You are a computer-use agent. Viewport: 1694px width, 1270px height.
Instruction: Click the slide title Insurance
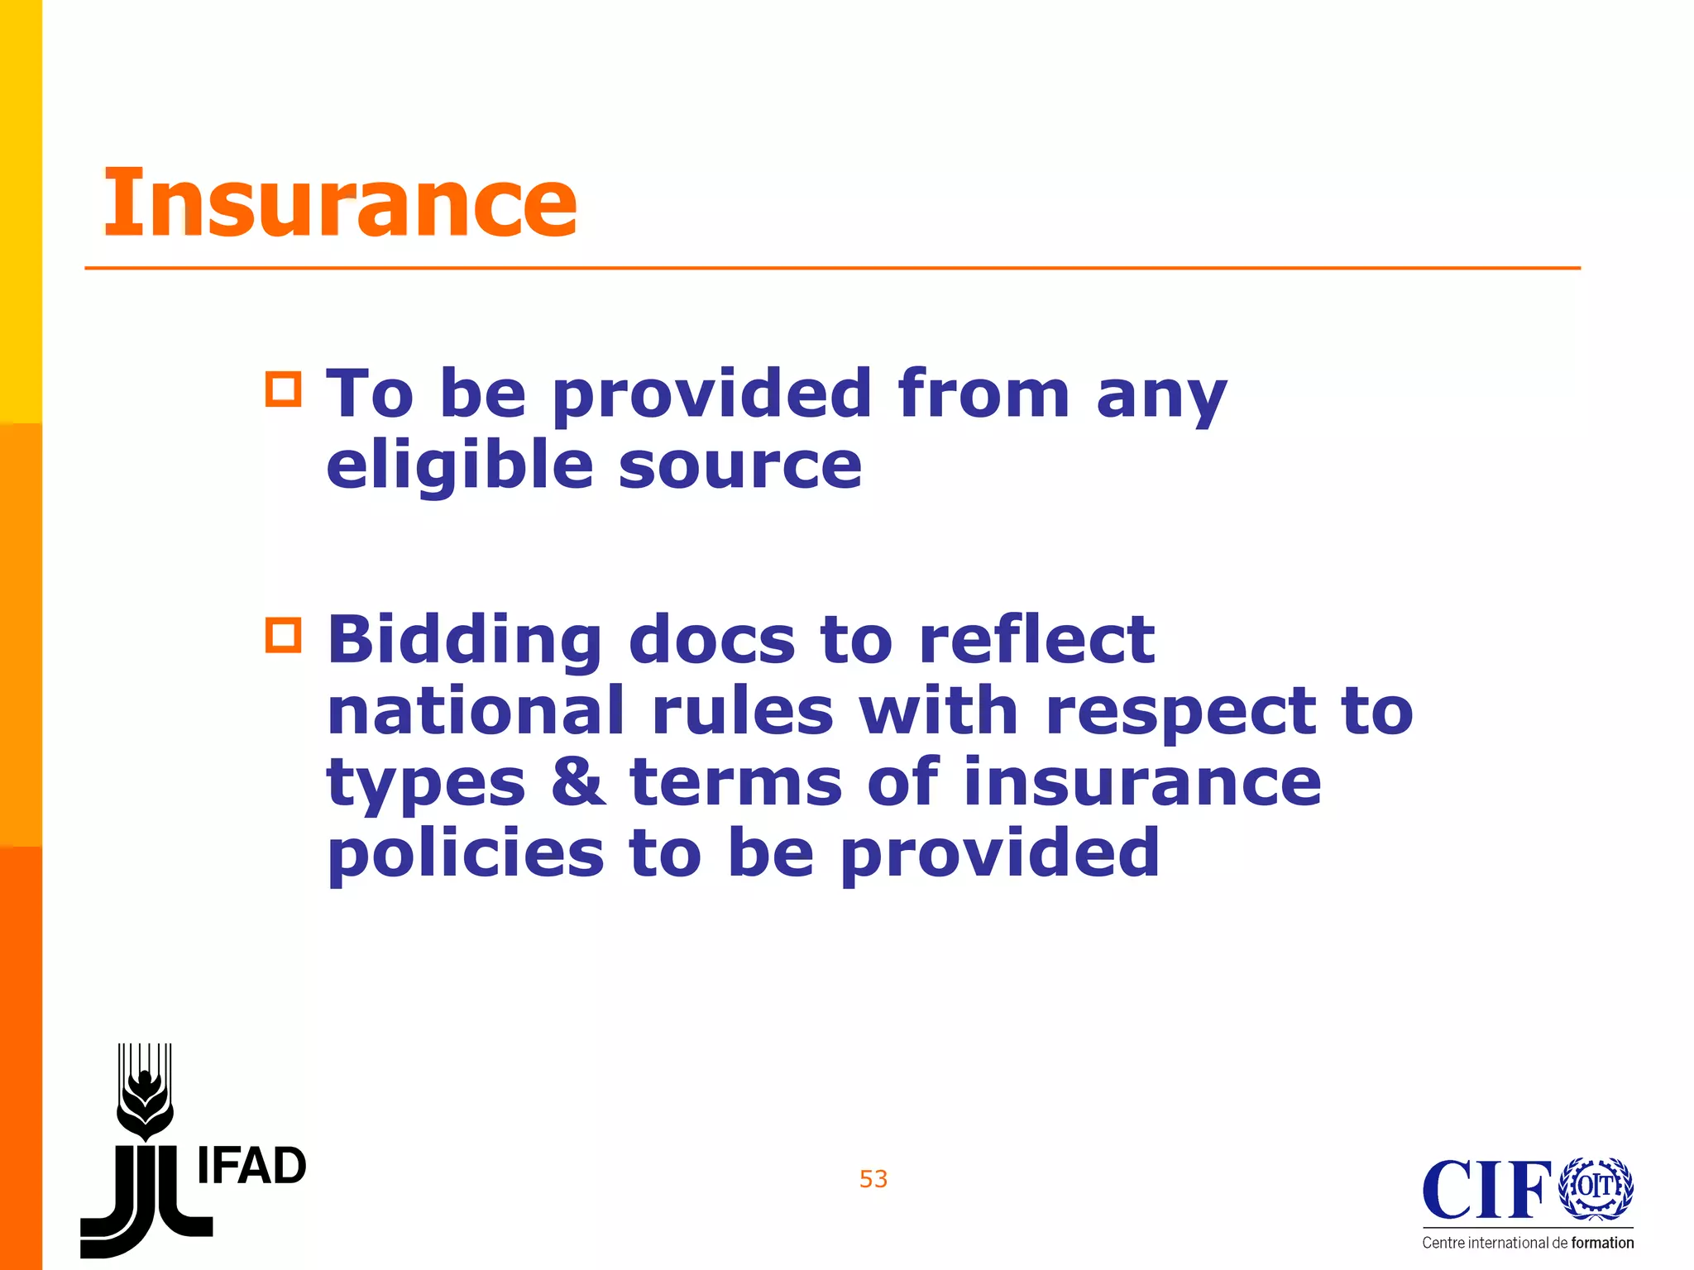(340, 203)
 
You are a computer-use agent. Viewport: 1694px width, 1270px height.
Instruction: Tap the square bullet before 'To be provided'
(284, 389)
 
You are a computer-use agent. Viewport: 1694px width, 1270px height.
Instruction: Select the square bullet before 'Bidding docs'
(284, 635)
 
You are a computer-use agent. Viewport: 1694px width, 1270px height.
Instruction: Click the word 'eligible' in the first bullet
(460, 465)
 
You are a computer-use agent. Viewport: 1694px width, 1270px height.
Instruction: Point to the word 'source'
(740, 466)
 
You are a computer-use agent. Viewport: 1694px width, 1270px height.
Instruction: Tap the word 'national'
(476, 710)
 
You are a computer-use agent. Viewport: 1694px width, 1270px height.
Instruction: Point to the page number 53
(873, 1179)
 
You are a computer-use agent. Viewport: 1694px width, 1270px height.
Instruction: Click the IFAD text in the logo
(252, 1167)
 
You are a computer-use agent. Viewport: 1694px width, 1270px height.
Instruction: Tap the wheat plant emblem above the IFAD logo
(146, 1091)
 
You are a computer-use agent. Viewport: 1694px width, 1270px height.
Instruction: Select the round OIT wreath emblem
(1596, 1187)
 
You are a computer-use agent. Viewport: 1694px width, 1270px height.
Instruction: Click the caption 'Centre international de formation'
(1528, 1243)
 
